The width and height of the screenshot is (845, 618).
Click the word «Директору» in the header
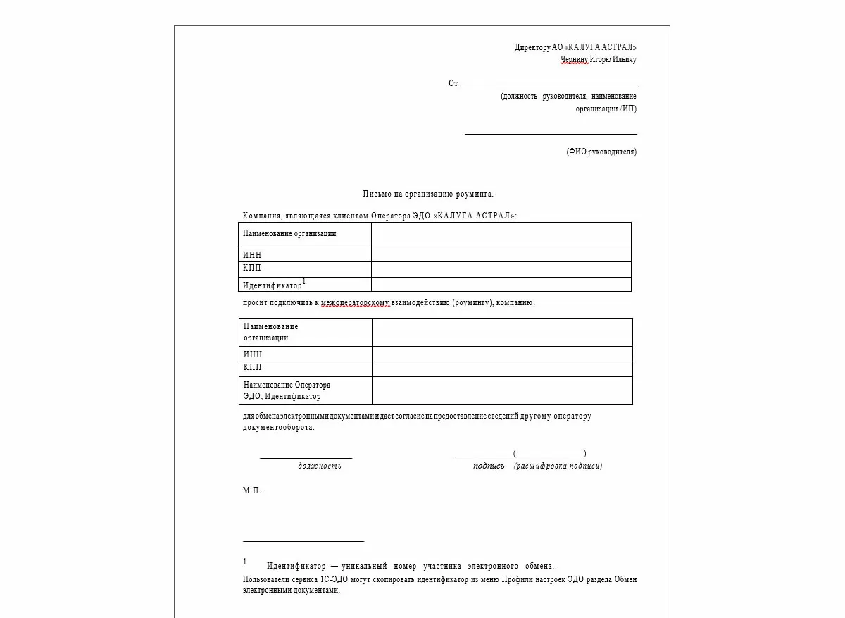(532, 47)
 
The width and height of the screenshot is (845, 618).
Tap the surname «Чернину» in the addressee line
(574, 60)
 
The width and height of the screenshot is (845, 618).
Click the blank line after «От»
(549, 83)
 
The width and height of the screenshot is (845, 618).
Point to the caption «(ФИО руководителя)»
(601, 152)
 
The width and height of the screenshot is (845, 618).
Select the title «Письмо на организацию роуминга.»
(428, 194)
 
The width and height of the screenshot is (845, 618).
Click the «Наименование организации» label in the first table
(289, 234)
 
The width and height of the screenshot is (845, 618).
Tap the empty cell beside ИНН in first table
(501, 254)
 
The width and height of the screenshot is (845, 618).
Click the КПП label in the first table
(252, 268)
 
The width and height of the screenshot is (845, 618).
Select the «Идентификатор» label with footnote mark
(273, 285)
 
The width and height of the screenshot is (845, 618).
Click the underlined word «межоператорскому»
(355, 303)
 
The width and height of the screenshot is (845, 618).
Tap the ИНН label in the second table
(253, 354)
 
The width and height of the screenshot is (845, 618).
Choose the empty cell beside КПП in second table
(501, 369)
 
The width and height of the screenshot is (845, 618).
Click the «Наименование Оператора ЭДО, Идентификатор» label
(287, 390)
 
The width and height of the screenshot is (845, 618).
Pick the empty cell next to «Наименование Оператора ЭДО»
(501, 390)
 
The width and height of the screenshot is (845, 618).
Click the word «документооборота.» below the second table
(279, 427)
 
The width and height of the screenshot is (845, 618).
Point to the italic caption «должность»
(320, 466)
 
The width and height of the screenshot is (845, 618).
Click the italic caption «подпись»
(489, 466)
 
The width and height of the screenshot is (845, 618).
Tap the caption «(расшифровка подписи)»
(558, 466)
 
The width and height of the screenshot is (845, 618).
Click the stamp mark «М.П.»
(252, 490)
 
